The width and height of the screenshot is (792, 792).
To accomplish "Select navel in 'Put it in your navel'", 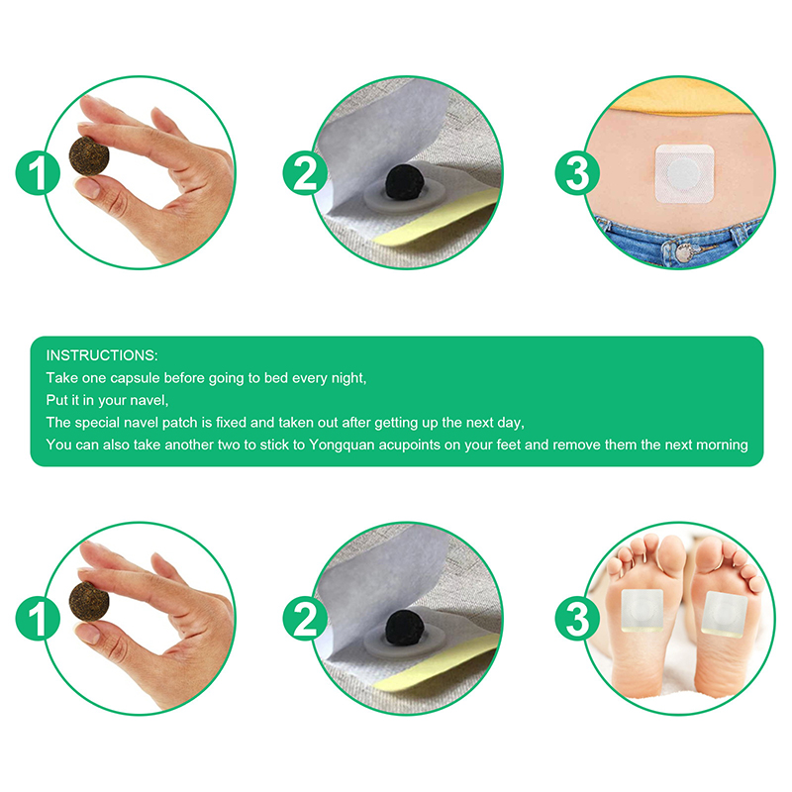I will click(x=148, y=400).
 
